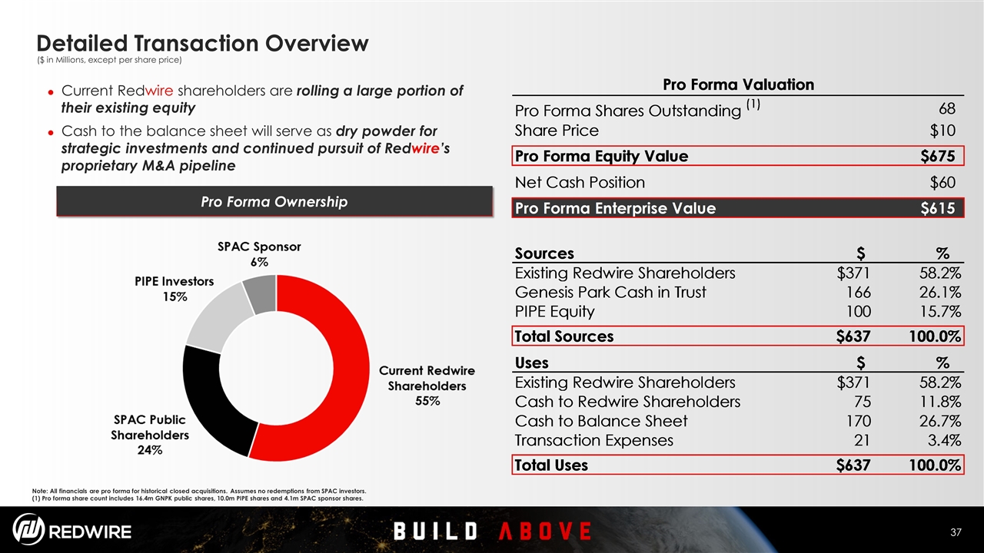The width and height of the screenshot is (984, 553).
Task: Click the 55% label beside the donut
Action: [427, 401]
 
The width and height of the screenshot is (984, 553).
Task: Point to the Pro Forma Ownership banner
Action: [274, 201]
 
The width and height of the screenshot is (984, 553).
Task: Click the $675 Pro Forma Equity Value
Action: [938, 156]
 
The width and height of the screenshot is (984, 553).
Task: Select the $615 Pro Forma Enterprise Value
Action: [938, 208]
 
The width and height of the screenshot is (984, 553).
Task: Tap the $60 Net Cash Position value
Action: [942, 182]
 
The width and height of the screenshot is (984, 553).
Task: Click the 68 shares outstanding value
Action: [947, 108]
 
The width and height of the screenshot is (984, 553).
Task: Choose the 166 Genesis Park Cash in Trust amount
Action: [859, 293]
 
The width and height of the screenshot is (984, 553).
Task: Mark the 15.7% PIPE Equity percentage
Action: [940, 312]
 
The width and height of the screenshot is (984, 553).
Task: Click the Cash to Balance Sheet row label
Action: [601, 421]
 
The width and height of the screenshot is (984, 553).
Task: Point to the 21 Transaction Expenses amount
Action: [862, 440]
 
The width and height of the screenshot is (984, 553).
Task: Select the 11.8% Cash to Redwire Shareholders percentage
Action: [940, 402]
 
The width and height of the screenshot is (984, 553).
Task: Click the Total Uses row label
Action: [551, 465]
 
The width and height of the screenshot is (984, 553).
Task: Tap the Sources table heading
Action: [544, 253]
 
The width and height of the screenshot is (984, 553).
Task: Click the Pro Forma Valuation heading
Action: [738, 84]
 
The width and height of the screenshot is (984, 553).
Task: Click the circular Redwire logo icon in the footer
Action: [28, 529]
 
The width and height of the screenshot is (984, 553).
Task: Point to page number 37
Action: [956, 532]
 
